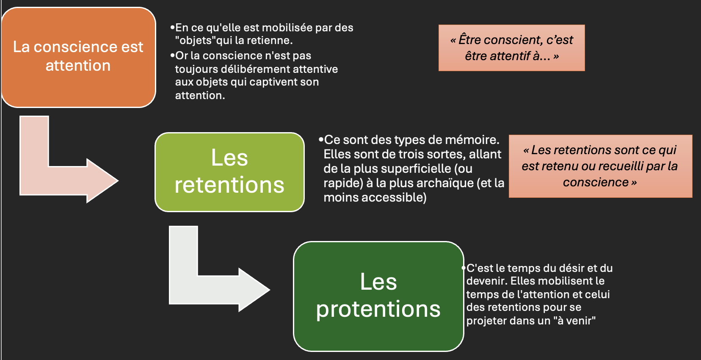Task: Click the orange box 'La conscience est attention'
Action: [79, 57]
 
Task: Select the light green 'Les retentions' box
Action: [229, 172]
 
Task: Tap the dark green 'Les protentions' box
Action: [378, 296]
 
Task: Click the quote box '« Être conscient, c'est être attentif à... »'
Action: [512, 48]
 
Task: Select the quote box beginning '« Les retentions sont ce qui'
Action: [600, 166]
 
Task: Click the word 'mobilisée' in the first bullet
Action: [283, 28]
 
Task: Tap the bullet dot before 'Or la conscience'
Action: [172, 55]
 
